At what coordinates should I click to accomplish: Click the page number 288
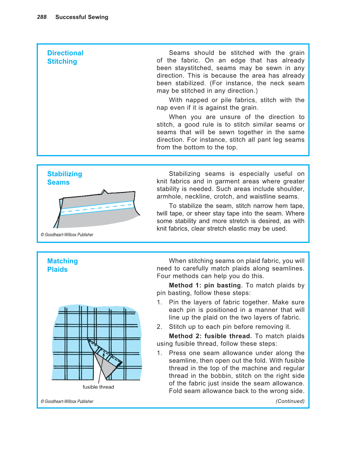42,17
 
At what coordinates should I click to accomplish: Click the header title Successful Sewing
82,17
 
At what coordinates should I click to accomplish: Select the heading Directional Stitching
65,57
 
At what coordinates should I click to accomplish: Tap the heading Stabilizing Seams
64,178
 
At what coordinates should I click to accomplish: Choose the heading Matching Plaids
62,265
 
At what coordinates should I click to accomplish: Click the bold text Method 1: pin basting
205,285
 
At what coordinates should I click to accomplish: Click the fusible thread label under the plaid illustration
98,387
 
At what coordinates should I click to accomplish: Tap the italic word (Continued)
290,401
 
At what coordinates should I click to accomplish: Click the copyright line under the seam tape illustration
67,235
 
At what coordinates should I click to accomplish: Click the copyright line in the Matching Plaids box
67,401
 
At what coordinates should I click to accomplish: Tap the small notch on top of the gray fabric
105,192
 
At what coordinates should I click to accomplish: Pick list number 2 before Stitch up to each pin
159,327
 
